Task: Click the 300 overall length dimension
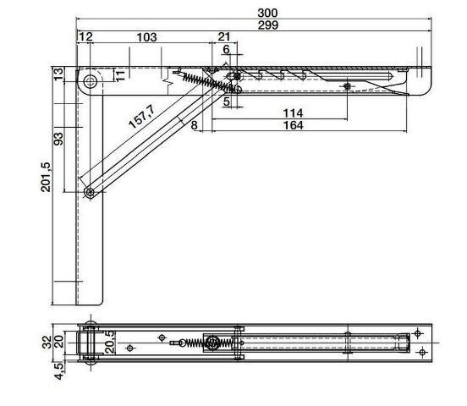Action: click(267, 13)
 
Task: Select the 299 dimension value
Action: click(267, 25)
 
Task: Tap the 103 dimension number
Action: click(146, 37)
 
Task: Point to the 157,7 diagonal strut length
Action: click(142, 117)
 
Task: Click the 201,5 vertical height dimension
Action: click(46, 177)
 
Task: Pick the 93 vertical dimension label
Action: click(58, 139)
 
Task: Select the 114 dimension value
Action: click(293, 113)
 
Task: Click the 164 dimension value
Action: click(293, 125)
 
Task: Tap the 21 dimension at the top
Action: click(224, 36)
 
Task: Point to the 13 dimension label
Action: click(58, 74)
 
